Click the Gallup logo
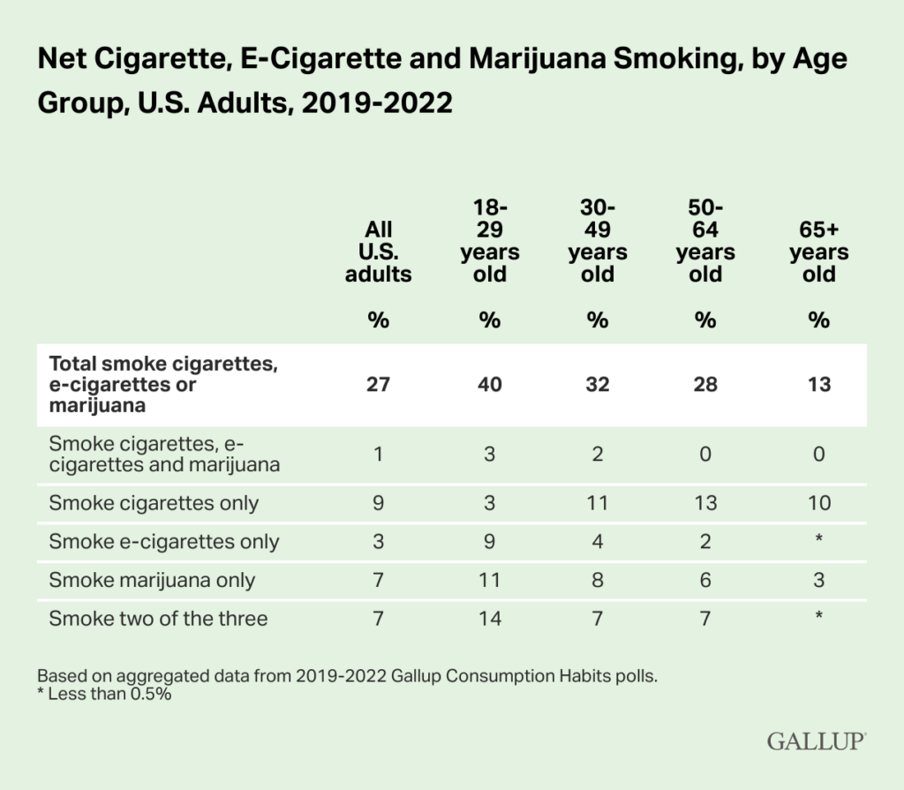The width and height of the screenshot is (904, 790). point(816,740)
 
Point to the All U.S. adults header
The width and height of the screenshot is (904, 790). point(378,252)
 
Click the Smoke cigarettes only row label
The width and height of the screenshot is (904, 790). point(154,503)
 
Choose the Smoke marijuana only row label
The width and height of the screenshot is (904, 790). point(152,580)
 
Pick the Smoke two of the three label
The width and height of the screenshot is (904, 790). point(158,618)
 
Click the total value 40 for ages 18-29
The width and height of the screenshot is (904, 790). point(489,385)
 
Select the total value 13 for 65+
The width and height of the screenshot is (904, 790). point(818,385)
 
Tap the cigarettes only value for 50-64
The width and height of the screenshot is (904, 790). point(704,503)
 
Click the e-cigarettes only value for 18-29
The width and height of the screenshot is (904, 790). point(489,542)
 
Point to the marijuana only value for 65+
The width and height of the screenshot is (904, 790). point(818,580)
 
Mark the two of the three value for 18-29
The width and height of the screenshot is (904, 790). point(489,618)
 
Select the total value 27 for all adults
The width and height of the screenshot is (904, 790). point(378,385)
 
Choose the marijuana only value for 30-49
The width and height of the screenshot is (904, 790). point(598,580)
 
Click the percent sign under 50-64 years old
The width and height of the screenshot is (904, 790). point(704,320)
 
